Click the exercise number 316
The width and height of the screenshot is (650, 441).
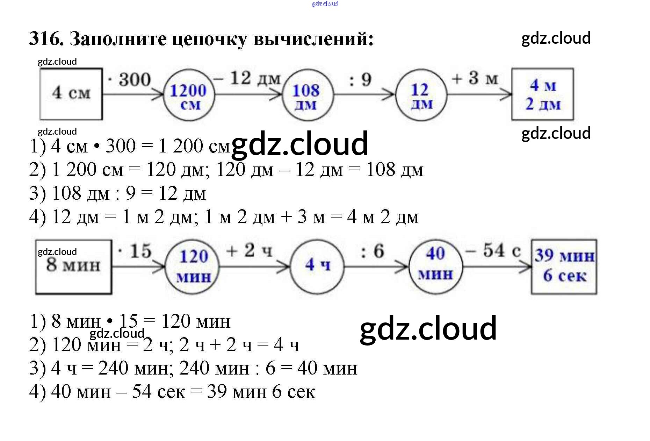point(46,38)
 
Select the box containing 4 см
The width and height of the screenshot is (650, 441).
point(71,94)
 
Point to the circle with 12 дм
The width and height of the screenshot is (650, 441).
point(421,94)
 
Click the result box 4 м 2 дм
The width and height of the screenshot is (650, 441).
point(542,94)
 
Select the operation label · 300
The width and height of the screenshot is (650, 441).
point(130,79)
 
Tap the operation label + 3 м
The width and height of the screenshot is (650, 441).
point(475,78)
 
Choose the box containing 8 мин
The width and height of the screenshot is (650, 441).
point(73,267)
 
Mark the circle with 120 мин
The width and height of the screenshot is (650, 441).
point(193,266)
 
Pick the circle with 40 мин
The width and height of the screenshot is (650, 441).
point(435,265)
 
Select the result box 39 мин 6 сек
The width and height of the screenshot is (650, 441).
point(564,266)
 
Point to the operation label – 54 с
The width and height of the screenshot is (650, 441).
point(493,250)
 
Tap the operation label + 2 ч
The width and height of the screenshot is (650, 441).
point(249,251)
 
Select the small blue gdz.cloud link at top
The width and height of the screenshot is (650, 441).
point(325,4)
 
